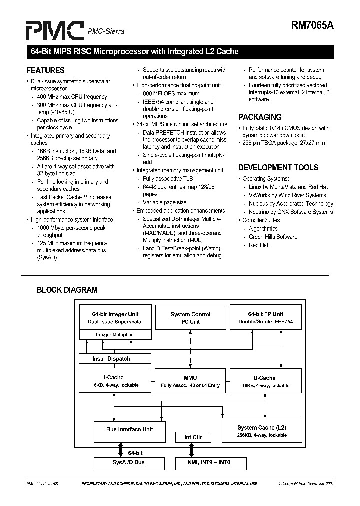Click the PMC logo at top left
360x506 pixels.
point(55,30)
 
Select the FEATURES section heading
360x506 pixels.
point(46,70)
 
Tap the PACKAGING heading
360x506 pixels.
point(260,117)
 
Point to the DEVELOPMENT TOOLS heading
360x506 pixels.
point(278,167)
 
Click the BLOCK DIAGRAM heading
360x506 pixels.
point(67,290)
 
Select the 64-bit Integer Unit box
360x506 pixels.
point(115,318)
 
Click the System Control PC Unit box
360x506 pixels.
point(190,318)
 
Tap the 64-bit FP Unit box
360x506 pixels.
point(265,318)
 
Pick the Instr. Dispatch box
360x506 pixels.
point(115,358)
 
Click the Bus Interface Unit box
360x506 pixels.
point(130,429)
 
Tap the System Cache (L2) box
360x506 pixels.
point(262,431)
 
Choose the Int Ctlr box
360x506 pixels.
point(193,437)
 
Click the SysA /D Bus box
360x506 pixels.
point(129,463)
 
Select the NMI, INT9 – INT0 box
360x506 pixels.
point(203,463)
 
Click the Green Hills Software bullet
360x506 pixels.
point(273,237)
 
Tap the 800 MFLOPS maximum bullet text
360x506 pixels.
point(171,93)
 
